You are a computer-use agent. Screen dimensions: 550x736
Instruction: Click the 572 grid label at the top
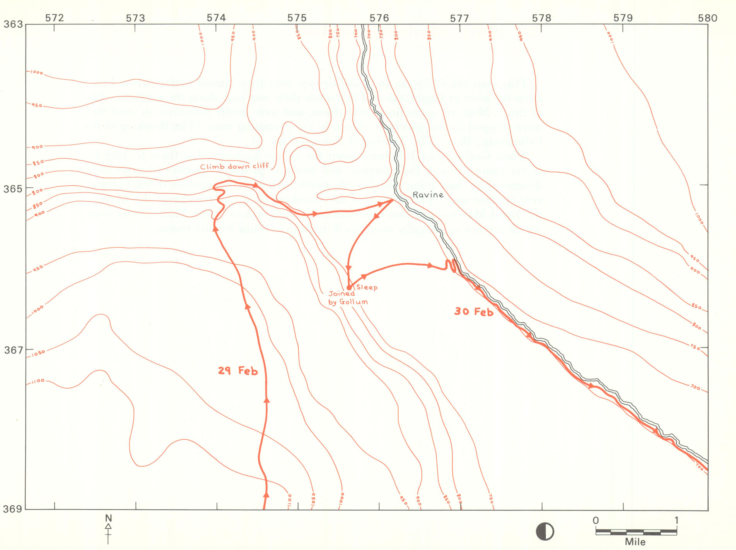[x=54, y=18]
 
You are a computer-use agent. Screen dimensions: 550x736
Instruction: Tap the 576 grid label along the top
[x=379, y=18]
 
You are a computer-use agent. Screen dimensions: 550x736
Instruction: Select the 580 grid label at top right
[x=707, y=18]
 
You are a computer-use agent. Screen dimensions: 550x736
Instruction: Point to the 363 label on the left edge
[x=13, y=24]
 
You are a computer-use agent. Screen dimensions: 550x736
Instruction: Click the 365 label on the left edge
[x=13, y=188]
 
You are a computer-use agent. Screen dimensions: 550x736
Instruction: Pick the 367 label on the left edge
[x=13, y=350]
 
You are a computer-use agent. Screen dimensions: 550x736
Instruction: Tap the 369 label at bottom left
[x=13, y=509]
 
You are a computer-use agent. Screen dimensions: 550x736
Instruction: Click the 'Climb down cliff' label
[x=234, y=166]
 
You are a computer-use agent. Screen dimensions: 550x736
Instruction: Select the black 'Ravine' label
[x=428, y=195]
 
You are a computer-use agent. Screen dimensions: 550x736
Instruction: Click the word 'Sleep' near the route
[x=367, y=287]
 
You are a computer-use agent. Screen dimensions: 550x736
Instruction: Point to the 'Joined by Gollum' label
[x=347, y=298]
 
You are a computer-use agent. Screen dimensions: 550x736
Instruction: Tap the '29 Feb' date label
[x=237, y=371]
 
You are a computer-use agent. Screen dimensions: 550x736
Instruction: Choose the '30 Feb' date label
[x=474, y=312]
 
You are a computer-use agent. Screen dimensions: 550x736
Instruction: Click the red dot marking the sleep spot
[x=349, y=288]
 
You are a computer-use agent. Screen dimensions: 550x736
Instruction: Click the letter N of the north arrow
[x=108, y=518]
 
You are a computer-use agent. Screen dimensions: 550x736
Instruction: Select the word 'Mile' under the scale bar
[x=635, y=542]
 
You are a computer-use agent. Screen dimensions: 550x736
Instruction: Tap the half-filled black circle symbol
[x=545, y=531]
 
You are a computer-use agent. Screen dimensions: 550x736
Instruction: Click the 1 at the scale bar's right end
[x=676, y=520]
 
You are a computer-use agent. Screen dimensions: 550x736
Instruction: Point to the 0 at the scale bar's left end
[x=596, y=520]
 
